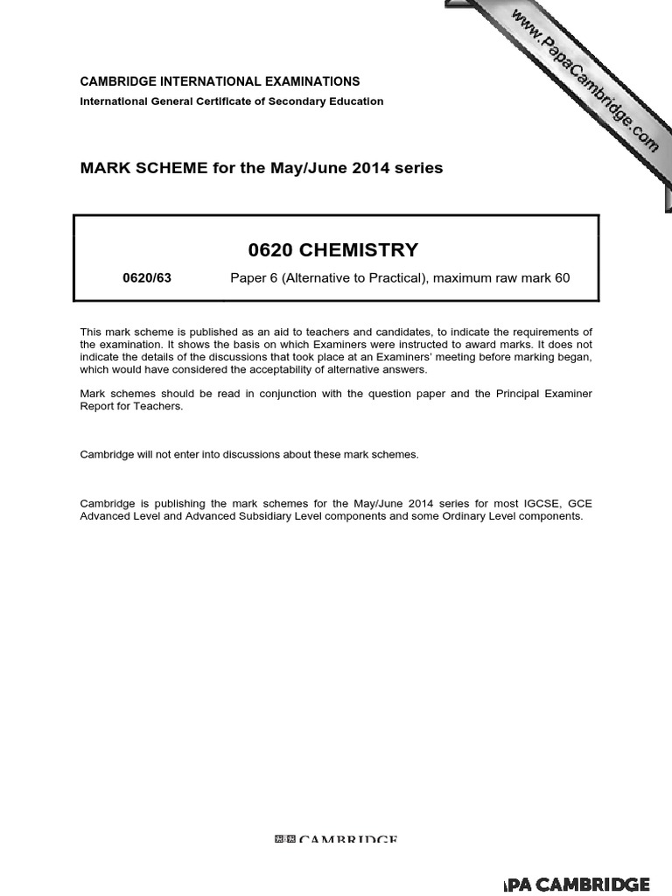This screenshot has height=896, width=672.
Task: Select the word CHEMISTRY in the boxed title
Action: pos(359,250)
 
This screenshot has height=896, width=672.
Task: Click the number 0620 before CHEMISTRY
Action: pos(271,250)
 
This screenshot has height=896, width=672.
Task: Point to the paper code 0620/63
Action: pos(147,278)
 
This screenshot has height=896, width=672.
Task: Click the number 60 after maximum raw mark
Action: pos(562,278)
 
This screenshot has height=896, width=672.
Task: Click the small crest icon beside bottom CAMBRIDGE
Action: pos(285,840)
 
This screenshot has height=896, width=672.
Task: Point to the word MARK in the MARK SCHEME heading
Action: pos(101,167)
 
